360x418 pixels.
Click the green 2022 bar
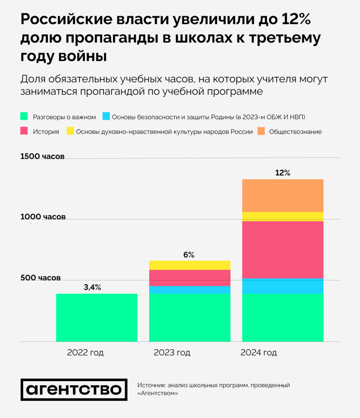coord(97,317)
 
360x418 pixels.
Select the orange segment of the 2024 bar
coord(283,196)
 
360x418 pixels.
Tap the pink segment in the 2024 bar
coord(283,250)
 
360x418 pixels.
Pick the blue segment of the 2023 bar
coord(190,290)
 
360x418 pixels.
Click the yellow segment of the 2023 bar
coord(190,265)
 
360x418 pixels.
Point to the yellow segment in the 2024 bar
coord(283,217)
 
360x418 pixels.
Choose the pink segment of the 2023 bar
coord(190,278)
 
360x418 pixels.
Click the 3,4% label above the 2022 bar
coord(92,287)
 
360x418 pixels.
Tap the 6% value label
coord(189,255)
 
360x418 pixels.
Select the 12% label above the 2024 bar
coord(283,173)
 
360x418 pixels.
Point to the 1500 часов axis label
coord(42,156)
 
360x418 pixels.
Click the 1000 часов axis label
coord(43,217)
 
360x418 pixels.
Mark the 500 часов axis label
coord(40,278)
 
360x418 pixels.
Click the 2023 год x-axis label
coord(172,353)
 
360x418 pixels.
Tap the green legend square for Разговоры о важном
coord(24,116)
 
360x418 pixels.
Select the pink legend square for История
coord(24,131)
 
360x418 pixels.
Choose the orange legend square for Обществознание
coord(261,131)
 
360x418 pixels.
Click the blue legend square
coord(106,116)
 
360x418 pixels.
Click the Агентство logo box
coord(74,390)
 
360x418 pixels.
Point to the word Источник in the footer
coord(151,385)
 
